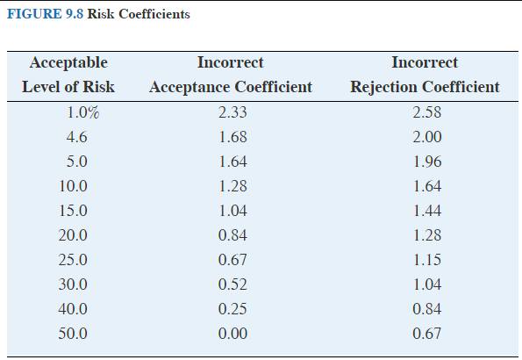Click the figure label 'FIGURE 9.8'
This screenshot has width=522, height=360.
pyautogui.click(x=42, y=15)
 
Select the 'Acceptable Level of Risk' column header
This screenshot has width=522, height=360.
pyautogui.click(x=68, y=75)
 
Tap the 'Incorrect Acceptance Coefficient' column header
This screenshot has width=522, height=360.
pyautogui.click(x=231, y=75)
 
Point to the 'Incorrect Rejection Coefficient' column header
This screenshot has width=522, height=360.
pyautogui.click(x=425, y=75)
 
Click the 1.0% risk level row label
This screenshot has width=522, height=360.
pyautogui.click(x=83, y=112)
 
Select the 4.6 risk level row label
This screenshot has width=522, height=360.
pyautogui.click(x=76, y=137)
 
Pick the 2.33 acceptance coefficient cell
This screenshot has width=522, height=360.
pyautogui.click(x=232, y=112)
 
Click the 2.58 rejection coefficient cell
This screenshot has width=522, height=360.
pyautogui.click(x=426, y=112)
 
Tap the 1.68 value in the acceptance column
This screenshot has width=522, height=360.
pyautogui.click(x=232, y=137)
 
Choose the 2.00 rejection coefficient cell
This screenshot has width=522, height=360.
pyautogui.click(x=426, y=137)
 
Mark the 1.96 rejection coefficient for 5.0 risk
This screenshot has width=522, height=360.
pyautogui.click(x=426, y=162)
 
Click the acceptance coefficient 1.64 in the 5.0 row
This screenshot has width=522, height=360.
pyautogui.click(x=232, y=162)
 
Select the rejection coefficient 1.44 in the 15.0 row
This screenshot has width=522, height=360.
pyautogui.click(x=426, y=211)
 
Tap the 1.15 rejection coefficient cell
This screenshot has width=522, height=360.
pyautogui.click(x=426, y=260)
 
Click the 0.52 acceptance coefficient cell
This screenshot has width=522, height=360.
pyautogui.click(x=232, y=284)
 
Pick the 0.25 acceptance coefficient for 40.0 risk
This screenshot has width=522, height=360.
pyautogui.click(x=232, y=309)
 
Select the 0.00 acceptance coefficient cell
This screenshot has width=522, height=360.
pyautogui.click(x=232, y=334)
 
